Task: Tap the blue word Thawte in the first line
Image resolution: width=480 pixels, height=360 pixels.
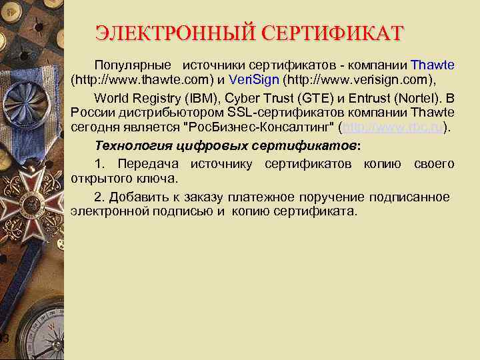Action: (433, 65)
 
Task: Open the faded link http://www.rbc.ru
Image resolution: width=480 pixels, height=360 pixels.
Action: (393, 127)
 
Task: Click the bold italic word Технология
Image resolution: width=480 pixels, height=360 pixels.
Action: (129, 145)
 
